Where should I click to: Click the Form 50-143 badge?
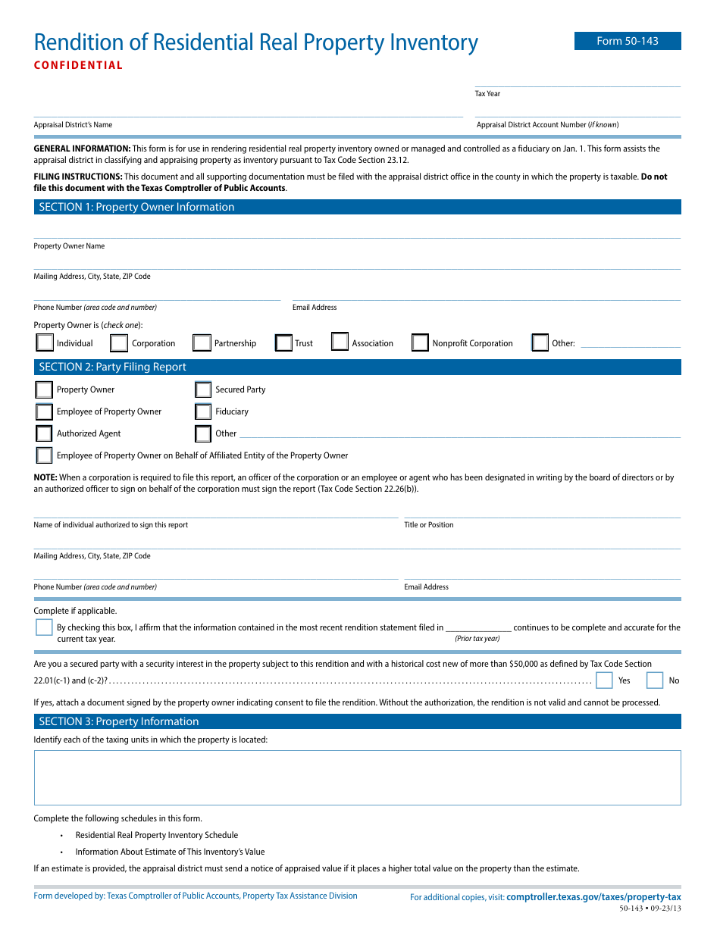(627, 41)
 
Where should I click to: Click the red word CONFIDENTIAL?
(78, 65)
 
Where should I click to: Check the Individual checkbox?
(45, 342)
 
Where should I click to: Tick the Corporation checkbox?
(119, 343)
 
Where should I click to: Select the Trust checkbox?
(283, 343)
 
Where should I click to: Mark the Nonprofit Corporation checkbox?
(420, 343)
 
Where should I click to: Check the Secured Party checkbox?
(203, 389)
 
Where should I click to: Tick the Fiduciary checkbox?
(203, 411)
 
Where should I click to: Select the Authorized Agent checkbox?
(44, 433)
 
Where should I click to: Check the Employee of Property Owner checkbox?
(44, 411)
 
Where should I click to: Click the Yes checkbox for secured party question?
(604, 680)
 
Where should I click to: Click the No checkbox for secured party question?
(655, 680)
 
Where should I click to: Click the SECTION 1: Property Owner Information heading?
(136, 207)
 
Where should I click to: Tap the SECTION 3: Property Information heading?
(119, 721)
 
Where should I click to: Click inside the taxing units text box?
(357, 777)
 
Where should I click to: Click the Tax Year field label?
(487, 94)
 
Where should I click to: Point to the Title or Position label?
(428, 524)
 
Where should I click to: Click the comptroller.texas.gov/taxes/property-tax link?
(593, 896)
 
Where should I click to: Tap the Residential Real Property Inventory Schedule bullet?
(156, 835)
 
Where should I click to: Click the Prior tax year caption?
(477, 638)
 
